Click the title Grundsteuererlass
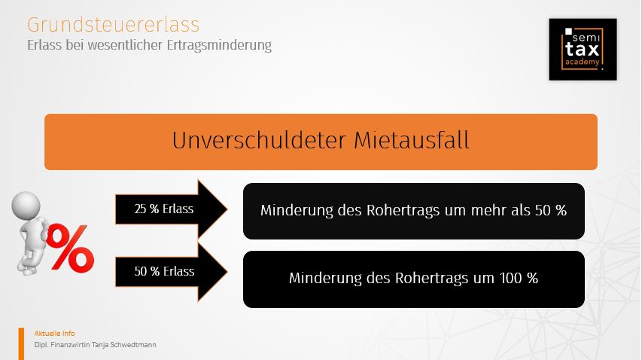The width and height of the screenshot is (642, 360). tap(114, 25)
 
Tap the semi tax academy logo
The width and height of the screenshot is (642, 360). tap(583, 49)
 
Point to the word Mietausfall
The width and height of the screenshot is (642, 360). tap(412, 140)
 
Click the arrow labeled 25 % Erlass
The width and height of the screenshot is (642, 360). tap(171, 209)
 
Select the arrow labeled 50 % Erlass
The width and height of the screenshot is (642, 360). tap(171, 272)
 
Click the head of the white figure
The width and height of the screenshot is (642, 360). tap(26, 205)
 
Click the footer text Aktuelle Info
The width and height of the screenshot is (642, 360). tap(54, 334)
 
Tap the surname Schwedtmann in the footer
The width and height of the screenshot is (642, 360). tap(133, 345)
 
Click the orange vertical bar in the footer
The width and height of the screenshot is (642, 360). tap(21, 344)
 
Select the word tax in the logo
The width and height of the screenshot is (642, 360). tap(583, 50)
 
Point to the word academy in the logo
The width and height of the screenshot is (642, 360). tap(583, 63)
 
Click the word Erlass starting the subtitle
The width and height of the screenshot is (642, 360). tap(44, 44)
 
